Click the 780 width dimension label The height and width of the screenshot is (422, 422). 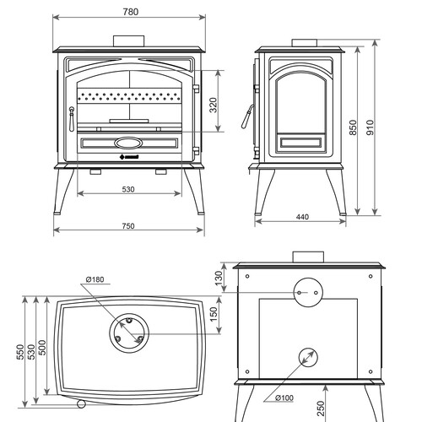point(131,12)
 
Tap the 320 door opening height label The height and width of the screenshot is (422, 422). point(214,105)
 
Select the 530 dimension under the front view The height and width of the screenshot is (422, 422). point(128,189)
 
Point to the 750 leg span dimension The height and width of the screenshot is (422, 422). point(128,226)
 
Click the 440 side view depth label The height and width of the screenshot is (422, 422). point(302,217)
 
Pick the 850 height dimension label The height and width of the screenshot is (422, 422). point(353,127)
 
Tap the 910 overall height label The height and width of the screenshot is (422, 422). point(371,127)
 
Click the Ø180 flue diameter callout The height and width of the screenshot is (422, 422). point(95,279)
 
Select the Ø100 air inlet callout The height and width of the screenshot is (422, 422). point(284,398)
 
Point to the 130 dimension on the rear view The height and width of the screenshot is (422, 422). point(219,278)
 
